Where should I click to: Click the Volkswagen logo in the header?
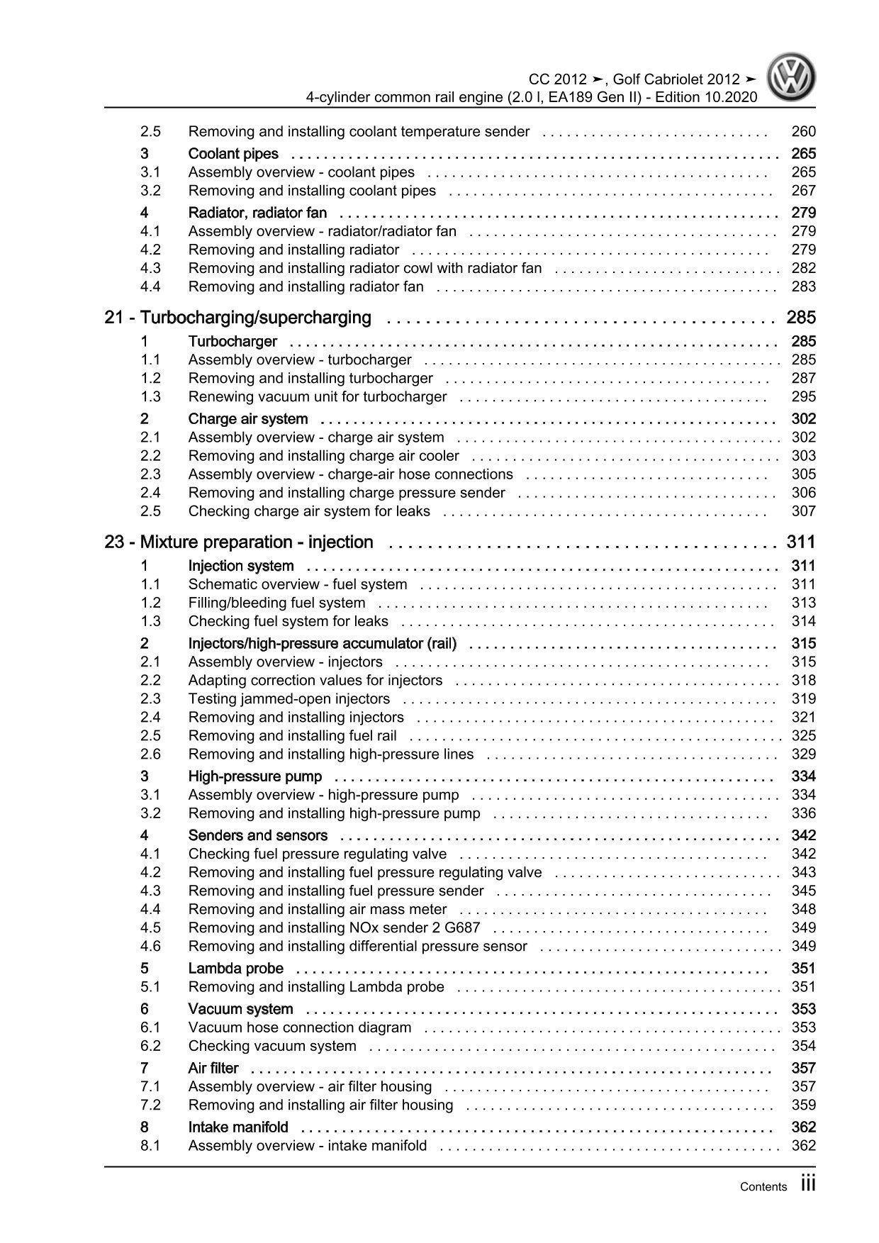tap(793, 79)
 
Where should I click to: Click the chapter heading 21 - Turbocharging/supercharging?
tap(237, 318)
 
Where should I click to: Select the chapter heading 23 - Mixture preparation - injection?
tap(239, 542)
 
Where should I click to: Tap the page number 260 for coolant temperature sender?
tap(803, 131)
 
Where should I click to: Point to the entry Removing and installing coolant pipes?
tap(312, 191)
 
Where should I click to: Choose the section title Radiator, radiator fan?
tap(257, 213)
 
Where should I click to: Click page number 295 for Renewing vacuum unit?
tap(803, 397)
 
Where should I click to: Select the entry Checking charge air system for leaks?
tap(309, 511)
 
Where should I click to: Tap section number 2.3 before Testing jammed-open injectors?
tap(150, 698)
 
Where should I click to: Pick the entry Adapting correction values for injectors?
tap(315, 680)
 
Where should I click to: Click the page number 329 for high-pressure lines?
tap(803, 754)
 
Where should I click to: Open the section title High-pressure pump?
tap(254, 776)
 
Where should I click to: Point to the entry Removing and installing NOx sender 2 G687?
tap(334, 927)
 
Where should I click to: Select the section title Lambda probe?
tap(235, 969)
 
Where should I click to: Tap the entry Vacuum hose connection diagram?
tap(299, 1027)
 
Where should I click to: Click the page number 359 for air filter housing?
tap(803, 1105)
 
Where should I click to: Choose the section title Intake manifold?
tap(238, 1127)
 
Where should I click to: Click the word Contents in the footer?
tap(763, 1187)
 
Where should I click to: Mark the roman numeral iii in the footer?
tap(808, 1184)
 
